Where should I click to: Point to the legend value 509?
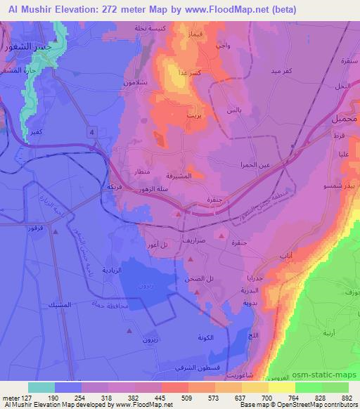tap(167, 396)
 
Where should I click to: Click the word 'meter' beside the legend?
tap(12, 396)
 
